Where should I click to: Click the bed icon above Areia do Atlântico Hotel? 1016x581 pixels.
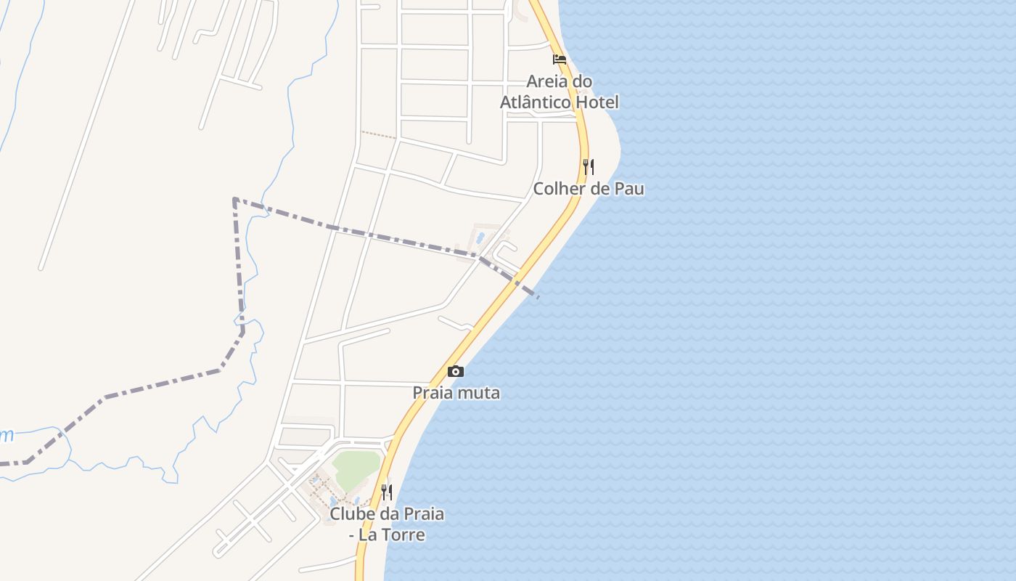click(560, 59)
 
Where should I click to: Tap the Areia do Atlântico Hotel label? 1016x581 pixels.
click(560, 92)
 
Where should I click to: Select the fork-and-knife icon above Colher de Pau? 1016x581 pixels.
click(589, 167)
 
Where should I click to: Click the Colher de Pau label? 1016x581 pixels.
click(589, 189)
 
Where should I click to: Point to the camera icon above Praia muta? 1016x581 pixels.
click(456, 372)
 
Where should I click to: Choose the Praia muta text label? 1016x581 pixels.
click(456, 393)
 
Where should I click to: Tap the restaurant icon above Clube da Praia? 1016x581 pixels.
click(387, 492)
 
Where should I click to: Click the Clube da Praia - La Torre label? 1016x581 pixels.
click(387, 524)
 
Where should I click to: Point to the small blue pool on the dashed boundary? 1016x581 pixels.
click(480, 237)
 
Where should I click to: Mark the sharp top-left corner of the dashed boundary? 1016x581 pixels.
click(234, 198)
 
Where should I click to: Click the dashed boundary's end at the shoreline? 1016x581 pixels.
click(537, 296)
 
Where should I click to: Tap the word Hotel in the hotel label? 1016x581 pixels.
click(597, 102)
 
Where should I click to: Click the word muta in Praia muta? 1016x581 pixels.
click(480, 393)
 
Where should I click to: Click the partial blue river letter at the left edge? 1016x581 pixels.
click(6, 436)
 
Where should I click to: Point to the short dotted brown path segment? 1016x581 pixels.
click(379, 134)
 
